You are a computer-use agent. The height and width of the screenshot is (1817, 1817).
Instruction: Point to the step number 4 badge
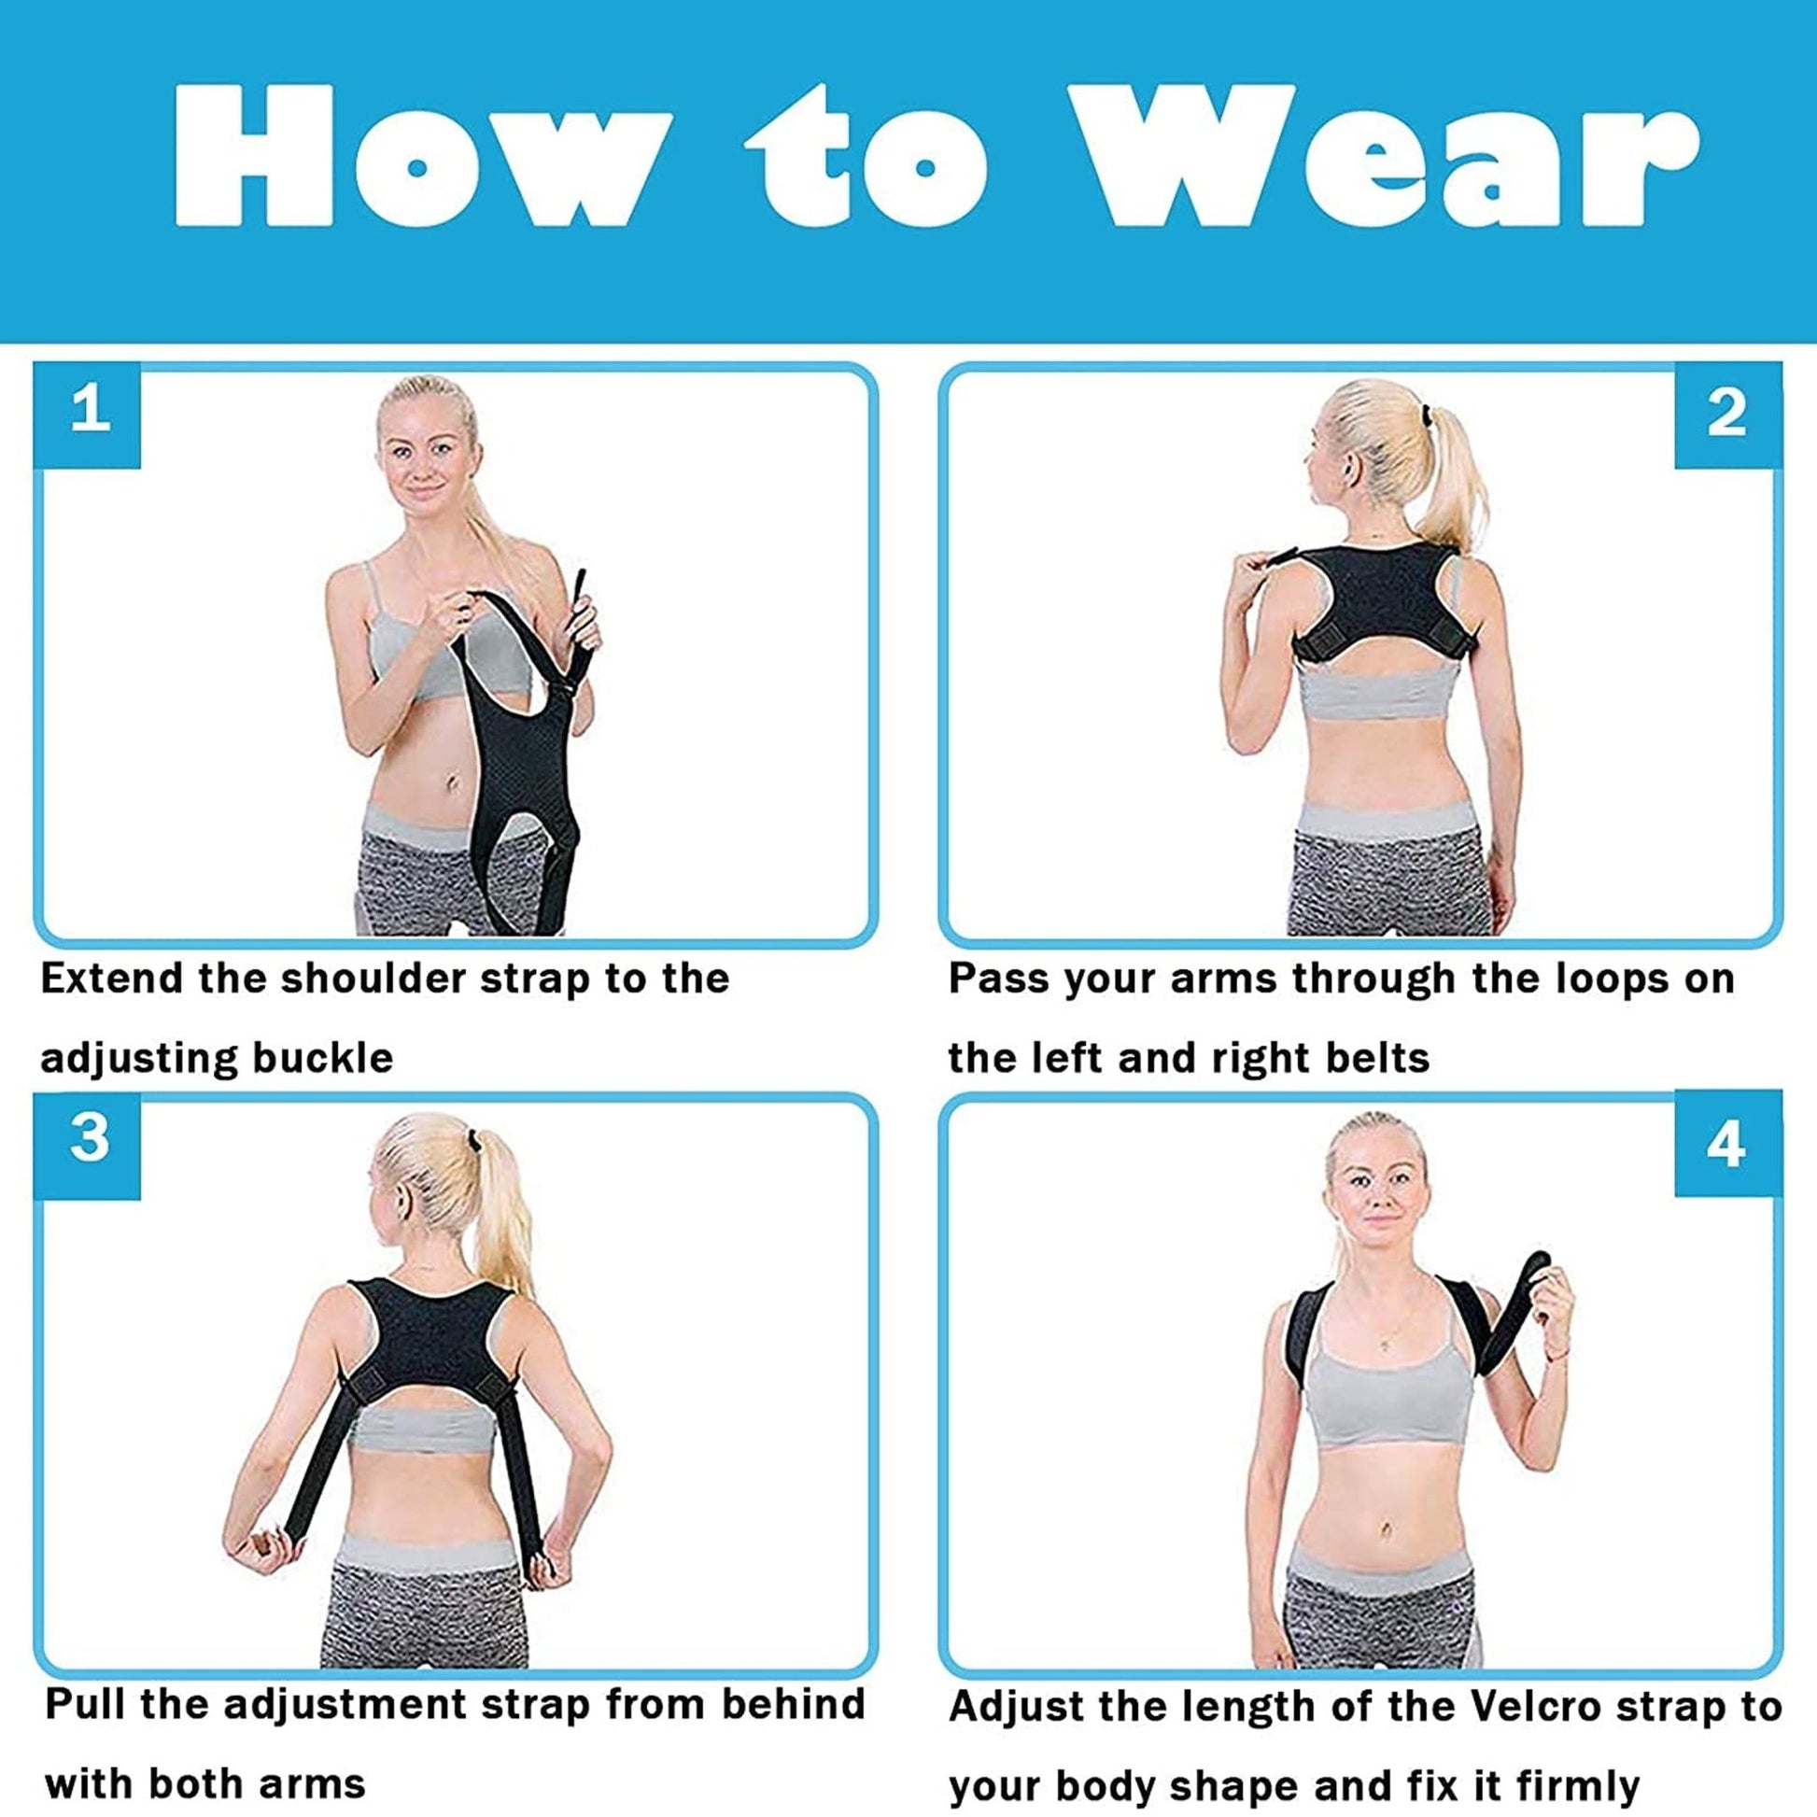(x=1726, y=1145)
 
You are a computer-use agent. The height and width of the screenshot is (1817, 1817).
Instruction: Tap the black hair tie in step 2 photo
(x=1426, y=414)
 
